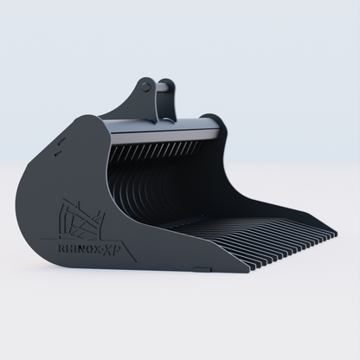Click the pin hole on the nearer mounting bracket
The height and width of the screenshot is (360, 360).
(x=149, y=87)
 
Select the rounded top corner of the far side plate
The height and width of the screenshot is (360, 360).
(x=213, y=117)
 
